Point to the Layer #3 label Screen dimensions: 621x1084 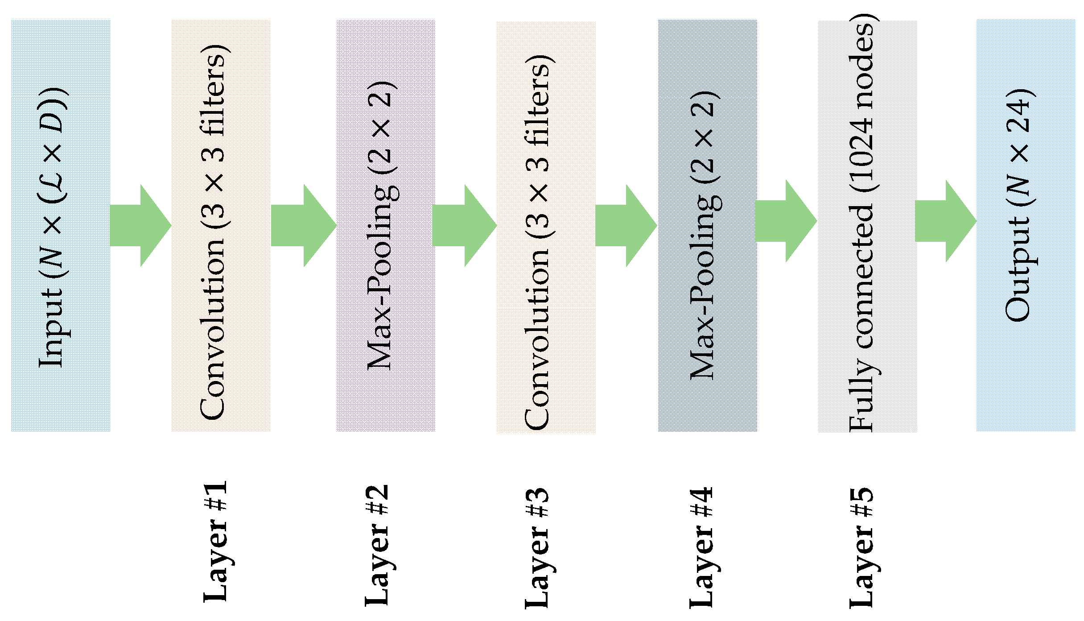[537, 548]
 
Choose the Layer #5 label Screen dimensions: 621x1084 [862, 548]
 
